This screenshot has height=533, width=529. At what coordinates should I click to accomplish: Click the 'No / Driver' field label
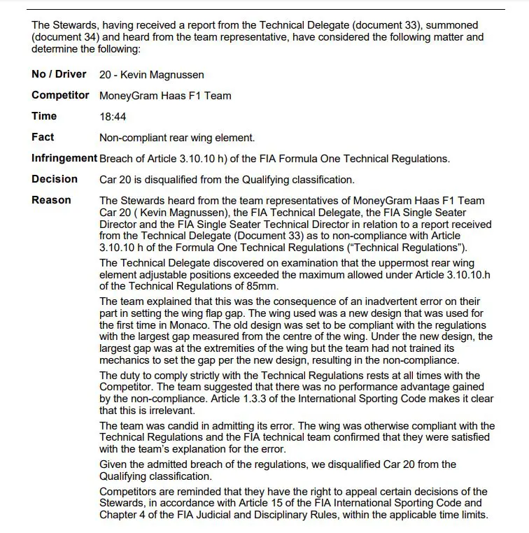59,74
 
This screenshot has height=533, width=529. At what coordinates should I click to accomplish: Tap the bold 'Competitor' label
60,95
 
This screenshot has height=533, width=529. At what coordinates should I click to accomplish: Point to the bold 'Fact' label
43,137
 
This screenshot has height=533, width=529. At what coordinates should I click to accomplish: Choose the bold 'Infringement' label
64,158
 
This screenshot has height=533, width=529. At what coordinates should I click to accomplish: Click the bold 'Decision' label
55,179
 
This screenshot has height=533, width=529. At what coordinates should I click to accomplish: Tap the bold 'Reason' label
51,200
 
